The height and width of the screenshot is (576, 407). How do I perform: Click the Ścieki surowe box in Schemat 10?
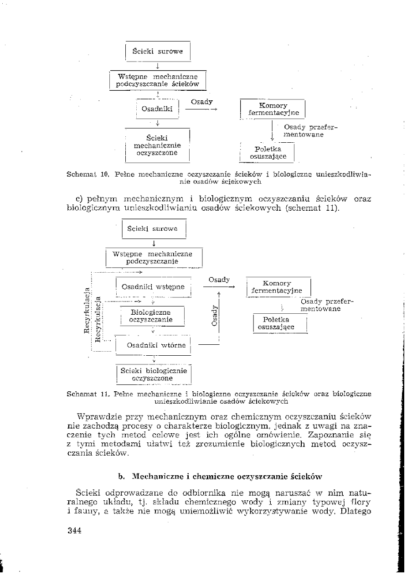157,52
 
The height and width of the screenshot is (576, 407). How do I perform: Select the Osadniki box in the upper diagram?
156,109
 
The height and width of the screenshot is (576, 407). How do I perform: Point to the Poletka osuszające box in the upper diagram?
268,153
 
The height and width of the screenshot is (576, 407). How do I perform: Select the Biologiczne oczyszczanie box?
150,317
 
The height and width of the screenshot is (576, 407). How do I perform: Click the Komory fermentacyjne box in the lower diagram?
278,287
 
